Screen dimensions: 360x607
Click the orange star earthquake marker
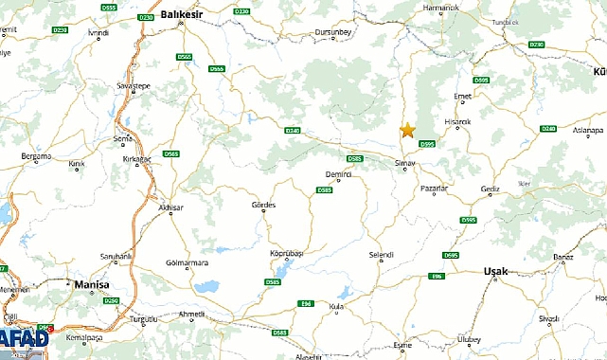(x=407, y=130)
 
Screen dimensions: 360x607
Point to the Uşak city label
(x=495, y=271)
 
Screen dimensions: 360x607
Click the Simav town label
(x=406, y=162)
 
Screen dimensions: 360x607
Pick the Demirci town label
(x=338, y=175)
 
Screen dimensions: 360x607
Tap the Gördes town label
(x=263, y=205)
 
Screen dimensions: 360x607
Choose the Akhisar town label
(x=170, y=207)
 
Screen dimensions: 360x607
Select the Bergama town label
(x=38, y=153)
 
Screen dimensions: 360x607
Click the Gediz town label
(x=490, y=189)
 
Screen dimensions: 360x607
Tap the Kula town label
(x=334, y=306)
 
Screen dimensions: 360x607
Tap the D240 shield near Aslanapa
(x=547, y=128)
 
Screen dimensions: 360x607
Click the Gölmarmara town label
(x=186, y=261)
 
